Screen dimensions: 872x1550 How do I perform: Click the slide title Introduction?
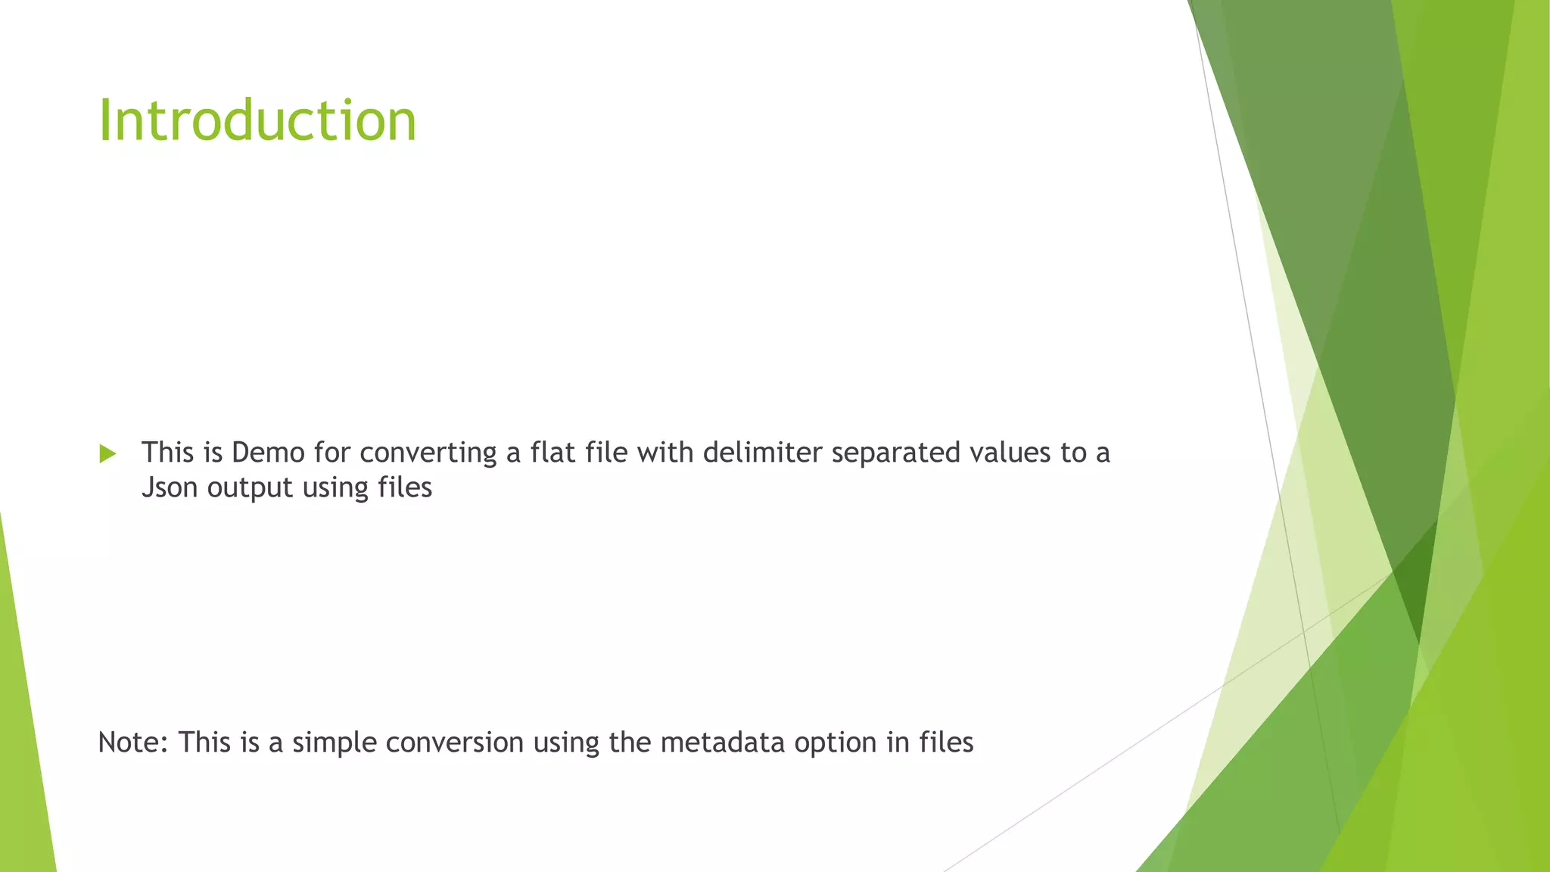coord(257,121)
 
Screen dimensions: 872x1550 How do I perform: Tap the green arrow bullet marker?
coord(107,454)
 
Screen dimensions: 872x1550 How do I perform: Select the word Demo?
coord(268,453)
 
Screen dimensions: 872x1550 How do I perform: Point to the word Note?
coord(133,743)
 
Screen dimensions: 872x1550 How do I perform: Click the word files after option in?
coord(946,743)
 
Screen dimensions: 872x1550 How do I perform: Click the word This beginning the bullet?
coord(167,453)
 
